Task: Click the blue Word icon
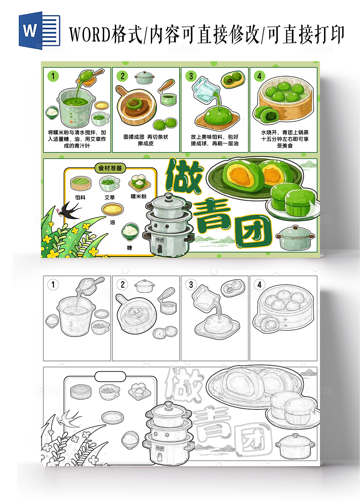[x=39, y=30]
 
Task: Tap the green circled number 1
[x=54, y=76]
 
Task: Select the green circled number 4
[x=259, y=76]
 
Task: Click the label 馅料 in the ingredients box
[x=80, y=197]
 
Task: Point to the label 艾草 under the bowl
[x=109, y=197]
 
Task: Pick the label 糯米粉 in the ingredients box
[x=138, y=196]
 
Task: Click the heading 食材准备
[x=110, y=168]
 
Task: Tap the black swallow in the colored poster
[x=70, y=209]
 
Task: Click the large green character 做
[x=183, y=178]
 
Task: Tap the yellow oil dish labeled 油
[x=113, y=209]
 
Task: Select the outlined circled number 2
[x=123, y=285]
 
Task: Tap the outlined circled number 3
[x=191, y=285]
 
